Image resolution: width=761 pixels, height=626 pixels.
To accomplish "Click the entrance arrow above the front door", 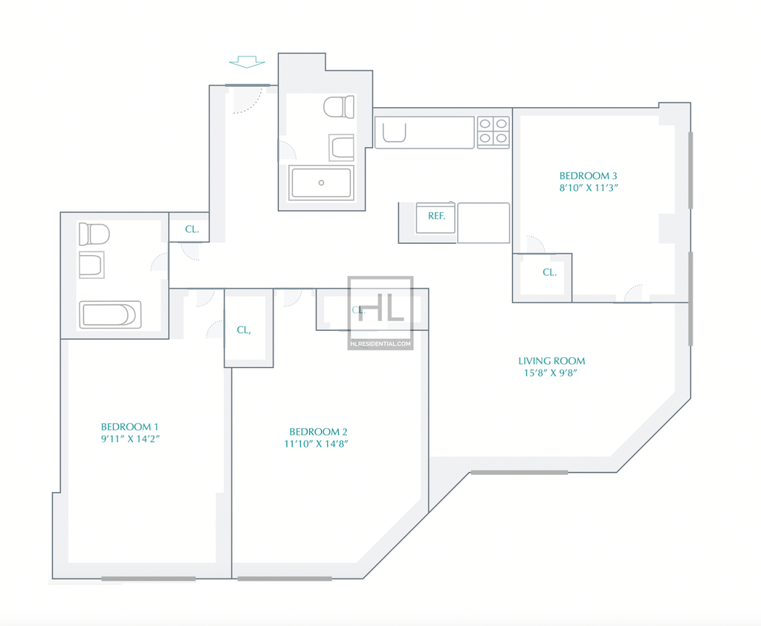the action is pos(247,62).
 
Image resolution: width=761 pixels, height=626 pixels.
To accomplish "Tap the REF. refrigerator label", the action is pos(436,216).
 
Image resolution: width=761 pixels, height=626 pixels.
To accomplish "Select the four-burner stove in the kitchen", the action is pos(493,132).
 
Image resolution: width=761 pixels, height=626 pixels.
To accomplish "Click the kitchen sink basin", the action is pos(394,133).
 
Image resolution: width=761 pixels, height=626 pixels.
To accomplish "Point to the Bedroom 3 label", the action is pos(588,175).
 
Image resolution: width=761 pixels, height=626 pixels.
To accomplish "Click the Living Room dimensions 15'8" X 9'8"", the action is pos(551,373).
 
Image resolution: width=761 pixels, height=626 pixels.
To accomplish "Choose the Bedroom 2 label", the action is pos(318,432).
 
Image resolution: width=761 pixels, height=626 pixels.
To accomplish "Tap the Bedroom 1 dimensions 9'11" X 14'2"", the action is pos(130,439).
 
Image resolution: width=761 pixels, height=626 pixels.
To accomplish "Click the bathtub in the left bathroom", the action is pos(110,314).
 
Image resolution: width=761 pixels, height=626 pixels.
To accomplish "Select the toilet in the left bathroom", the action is pos(94,234).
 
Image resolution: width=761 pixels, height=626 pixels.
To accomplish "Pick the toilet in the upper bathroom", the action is pos(339,107).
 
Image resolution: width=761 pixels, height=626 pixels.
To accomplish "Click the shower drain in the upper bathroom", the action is pos(321,183).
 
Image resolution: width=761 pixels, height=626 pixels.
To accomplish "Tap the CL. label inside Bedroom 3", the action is pos(549,272).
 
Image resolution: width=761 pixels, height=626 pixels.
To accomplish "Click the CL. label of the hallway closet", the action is pos(192,229).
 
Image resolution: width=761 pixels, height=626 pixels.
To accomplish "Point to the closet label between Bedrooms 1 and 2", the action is pos(244,330).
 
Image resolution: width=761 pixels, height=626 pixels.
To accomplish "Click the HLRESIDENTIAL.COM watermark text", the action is pos(380,343).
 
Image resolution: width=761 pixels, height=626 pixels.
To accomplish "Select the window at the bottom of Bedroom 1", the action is pos(149,579).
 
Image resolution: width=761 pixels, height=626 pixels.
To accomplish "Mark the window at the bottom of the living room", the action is pos(519,473).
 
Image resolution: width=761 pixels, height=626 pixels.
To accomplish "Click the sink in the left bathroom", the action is pos(91,265).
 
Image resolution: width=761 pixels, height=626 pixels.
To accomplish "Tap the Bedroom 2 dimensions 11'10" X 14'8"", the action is pos(316,443).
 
